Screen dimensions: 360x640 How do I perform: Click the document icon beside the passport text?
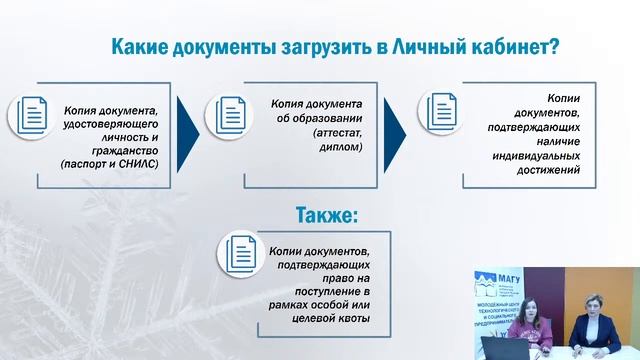tap(30, 115)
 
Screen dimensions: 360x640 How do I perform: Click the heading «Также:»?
tap(327, 214)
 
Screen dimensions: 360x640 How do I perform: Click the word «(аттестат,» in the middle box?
tap(311, 132)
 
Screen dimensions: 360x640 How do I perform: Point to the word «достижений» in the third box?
tap(552, 171)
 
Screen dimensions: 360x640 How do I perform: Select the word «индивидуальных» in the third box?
tap(538, 156)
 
